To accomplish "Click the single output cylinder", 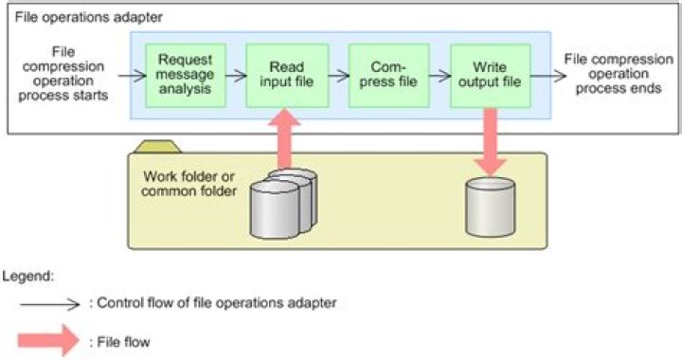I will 490,207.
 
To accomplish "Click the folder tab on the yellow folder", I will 159,146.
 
